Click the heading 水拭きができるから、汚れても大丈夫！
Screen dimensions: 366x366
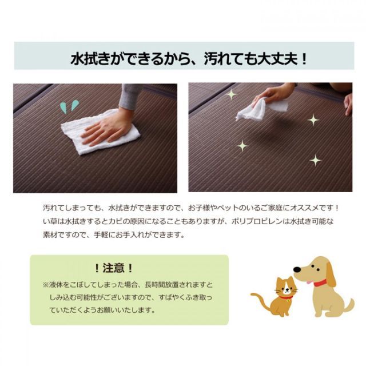189,58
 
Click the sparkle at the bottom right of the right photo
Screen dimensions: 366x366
315,160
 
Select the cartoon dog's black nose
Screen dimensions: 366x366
297,269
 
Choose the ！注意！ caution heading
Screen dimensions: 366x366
114,268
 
